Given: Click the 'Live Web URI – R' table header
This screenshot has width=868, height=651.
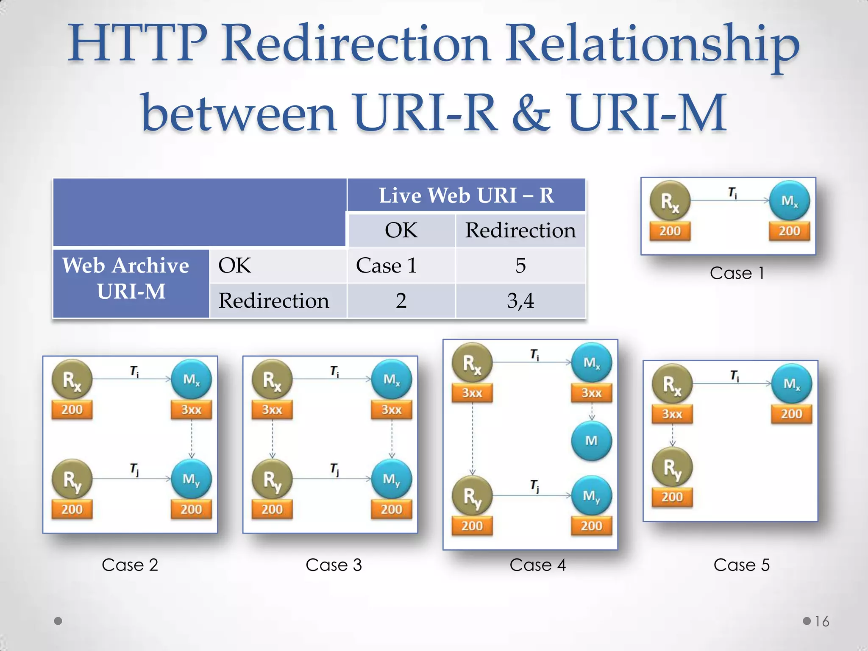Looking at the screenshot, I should pyautogui.click(x=466, y=195).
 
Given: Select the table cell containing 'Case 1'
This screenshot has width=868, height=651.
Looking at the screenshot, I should pyautogui.click(x=387, y=266).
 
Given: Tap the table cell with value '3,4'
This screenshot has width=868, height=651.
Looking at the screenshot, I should pyautogui.click(x=520, y=301).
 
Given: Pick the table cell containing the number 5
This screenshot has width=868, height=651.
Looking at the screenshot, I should pyautogui.click(x=520, y=266).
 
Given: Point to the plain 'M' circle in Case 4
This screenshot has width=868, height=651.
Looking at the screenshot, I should pyautogui.click(x=591, y=441).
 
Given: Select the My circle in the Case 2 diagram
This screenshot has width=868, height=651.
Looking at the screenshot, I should pyautogui.click(x=191, y=479).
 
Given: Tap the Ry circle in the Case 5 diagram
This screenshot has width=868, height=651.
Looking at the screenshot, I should pyautogui.click(x=672, y=467).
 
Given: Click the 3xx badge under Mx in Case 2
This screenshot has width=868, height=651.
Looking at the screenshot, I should pyautogui.click(x=191, y=410).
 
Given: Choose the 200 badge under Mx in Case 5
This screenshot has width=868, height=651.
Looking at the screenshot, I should pyautogui.click(x=791, y=414).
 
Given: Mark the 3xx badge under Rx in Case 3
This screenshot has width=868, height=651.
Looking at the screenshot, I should pyautogui.click(x=272, y=410).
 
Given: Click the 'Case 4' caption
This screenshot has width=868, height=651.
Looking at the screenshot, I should pyautogui.click(x=537, y=565).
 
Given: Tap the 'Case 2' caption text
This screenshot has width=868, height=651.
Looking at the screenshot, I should pyautogui.click(x=130, y=565).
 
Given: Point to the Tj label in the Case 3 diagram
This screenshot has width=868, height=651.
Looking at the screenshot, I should pyautogui.click(x=334, y=469).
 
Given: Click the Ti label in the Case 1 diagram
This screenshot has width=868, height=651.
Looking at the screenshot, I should pyautogui.click(x=732, y=193).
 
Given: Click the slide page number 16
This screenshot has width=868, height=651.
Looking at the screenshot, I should pyautogui.click(x=822, y=621).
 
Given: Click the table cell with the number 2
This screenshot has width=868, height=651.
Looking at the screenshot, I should pyautogui.click(x=401, y=301).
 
